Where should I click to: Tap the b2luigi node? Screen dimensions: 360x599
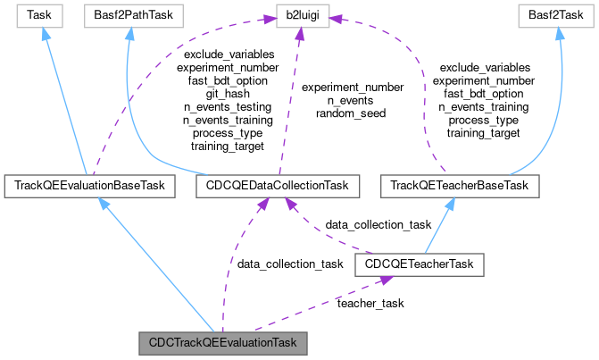[297, 15]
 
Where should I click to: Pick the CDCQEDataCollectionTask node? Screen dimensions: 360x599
[277, 186]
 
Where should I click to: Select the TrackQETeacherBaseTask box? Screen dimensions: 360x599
[460, 186]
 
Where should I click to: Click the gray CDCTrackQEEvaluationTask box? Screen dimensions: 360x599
[222, 342]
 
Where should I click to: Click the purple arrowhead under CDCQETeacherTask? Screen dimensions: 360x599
[384, 280]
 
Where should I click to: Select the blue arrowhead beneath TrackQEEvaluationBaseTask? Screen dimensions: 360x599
[104, 205]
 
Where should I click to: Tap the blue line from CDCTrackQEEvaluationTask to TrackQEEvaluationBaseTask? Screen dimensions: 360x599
[161, 268]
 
